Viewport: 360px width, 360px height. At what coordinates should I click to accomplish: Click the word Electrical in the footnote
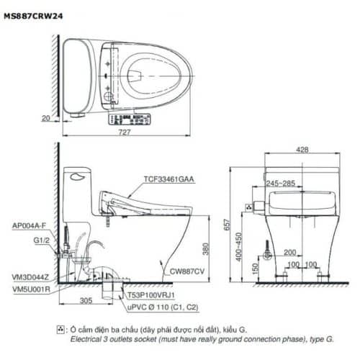[84, 338]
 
